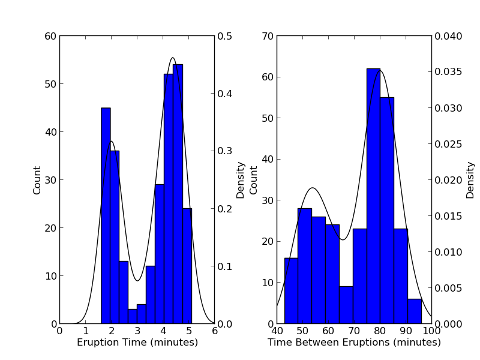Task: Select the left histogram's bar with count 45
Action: click(106, 216)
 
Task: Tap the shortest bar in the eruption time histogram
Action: click(132, 316)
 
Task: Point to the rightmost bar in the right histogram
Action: click(415, 311)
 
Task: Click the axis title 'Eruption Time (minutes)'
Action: click(137, 343)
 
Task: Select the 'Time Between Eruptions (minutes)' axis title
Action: click(354, 343)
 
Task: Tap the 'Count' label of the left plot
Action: click(37, 180)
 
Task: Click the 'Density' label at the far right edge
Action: click(470, 180)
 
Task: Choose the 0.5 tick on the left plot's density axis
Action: click(226, 36)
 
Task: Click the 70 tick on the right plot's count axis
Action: click(267, 36)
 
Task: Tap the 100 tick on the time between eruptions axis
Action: click(431, 330)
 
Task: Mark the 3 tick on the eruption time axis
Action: click(137, 330)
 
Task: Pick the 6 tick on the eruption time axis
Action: click(214, 330)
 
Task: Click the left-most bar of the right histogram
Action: click(291, 291)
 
